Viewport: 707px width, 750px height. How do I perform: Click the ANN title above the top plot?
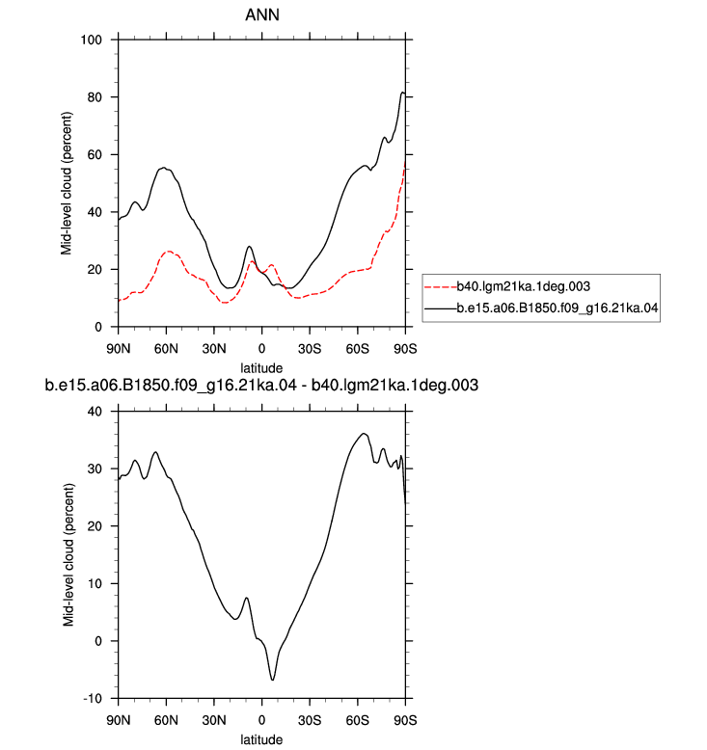(x=261, y=14)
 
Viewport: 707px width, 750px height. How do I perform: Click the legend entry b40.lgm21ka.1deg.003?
(x=523, y=286)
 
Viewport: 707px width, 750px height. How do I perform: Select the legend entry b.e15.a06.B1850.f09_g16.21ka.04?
(x=557, y=308)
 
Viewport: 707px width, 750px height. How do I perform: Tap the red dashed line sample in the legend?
(x=441, y=287)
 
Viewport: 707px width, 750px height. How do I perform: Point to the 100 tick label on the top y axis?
(x=92, y=40)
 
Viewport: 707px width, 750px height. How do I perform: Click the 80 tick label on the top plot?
(x=95, y=97)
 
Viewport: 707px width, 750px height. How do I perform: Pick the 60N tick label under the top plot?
(x=166, y=349)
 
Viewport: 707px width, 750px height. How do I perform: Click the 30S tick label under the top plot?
(x=310, y=349)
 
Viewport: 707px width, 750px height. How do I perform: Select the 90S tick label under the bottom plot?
(x=405, y=720)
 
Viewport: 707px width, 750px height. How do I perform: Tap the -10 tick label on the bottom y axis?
(x=93, y=698)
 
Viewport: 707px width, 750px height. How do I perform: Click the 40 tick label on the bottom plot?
(x=95, y=412)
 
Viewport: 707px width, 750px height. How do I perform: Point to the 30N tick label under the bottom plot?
(x=214, y=720)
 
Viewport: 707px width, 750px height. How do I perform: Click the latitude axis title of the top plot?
(x=261, y=368)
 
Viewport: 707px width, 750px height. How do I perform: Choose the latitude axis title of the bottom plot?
(x=261, y=739)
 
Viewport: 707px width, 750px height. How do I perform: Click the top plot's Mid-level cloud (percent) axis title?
(x=66, y=183)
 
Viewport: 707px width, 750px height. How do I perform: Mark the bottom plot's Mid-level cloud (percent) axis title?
(x=68, y=555)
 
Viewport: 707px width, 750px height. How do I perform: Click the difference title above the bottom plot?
(x=261, y=385)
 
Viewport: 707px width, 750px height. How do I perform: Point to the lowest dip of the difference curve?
(x=273, y=680)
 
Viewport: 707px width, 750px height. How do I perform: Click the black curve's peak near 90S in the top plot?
(x=402, y=93)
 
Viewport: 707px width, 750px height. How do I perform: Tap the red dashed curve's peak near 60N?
(x=169, y=251)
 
